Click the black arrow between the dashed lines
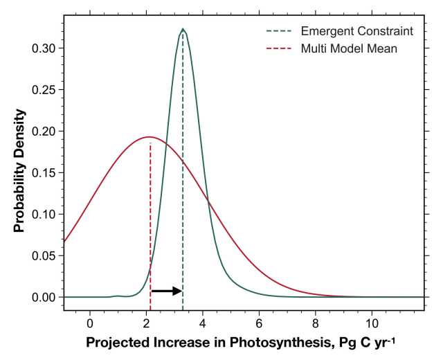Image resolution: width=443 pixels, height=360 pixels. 167,291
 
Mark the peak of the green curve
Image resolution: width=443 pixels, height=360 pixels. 183,29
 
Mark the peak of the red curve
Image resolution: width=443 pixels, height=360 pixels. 147,136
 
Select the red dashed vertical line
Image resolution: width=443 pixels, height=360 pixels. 150,222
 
